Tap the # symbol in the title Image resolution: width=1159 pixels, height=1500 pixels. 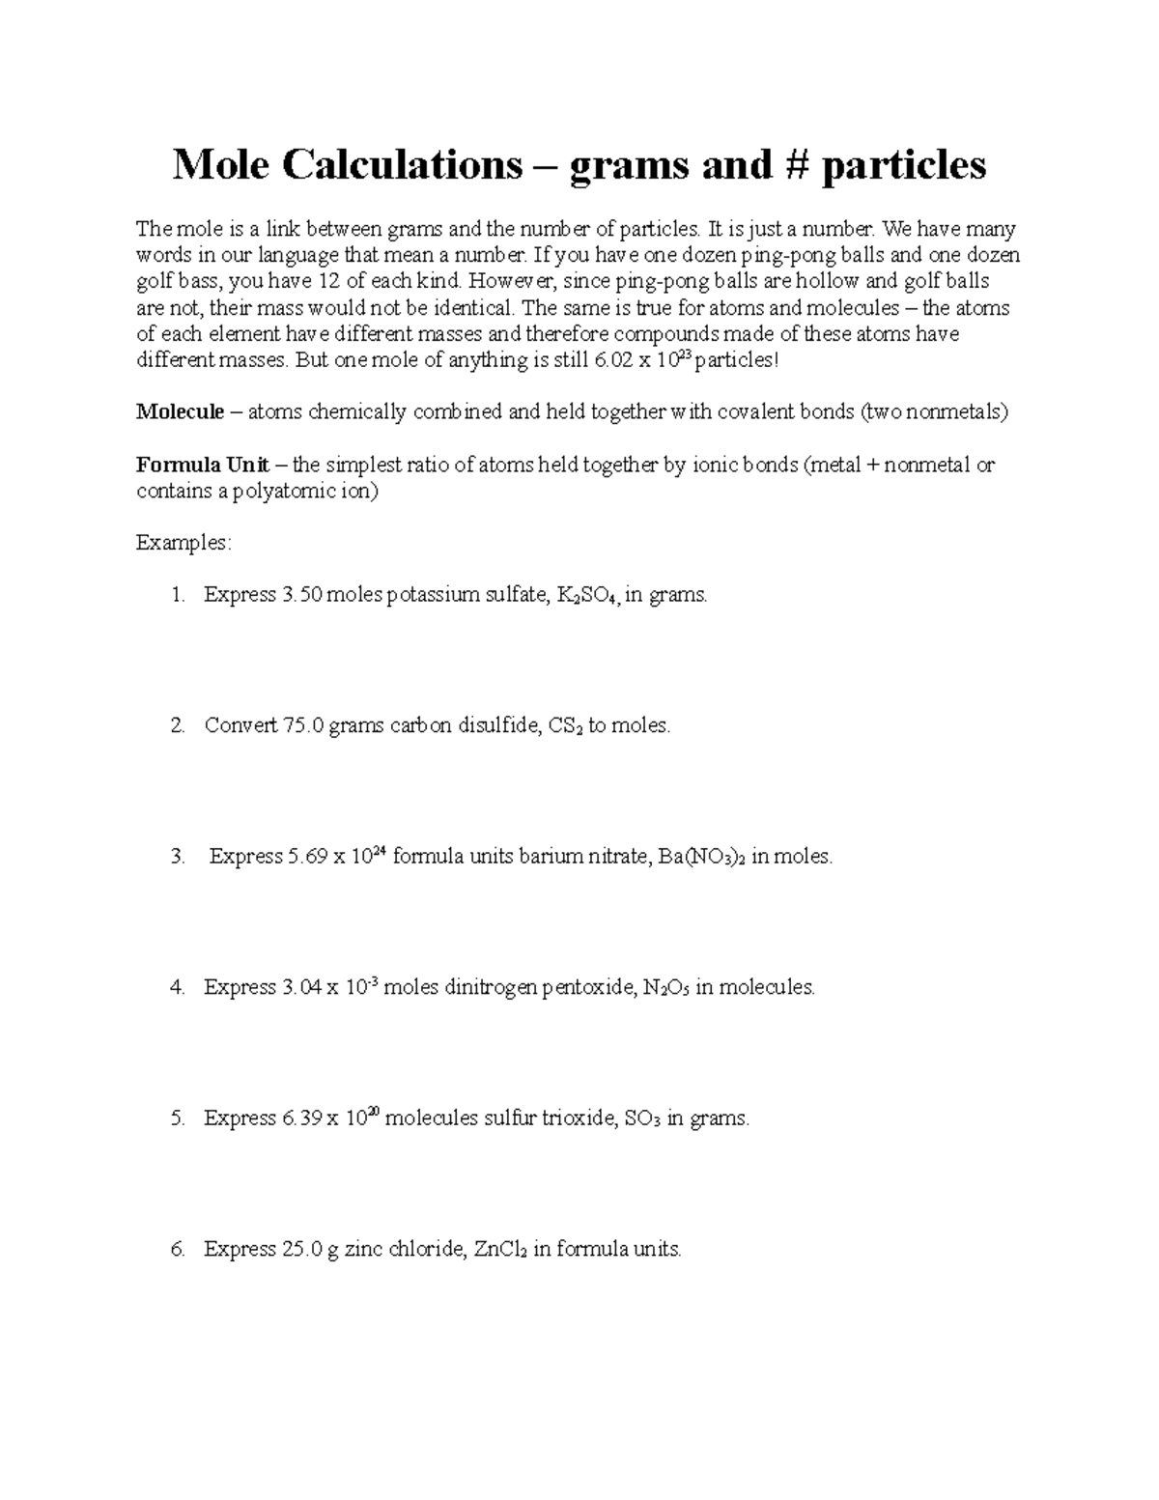(788, 165)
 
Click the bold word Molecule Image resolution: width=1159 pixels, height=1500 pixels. (180, 412)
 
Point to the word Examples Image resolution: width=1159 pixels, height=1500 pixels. (184, 543)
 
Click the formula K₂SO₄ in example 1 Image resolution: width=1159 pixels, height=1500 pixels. (588, 595)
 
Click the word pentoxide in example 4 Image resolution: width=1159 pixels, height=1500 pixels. (588, 987)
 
